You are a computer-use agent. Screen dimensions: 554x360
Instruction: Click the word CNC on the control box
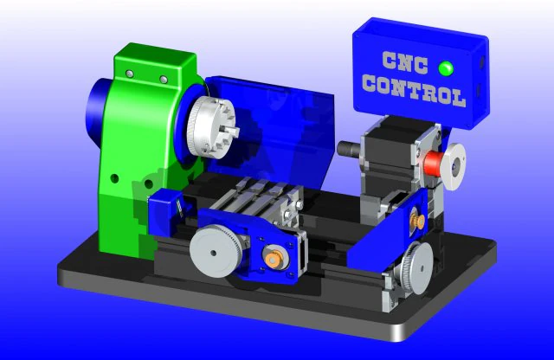[x=405, y=63]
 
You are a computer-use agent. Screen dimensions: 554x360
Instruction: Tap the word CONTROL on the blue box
[x=414, y=90]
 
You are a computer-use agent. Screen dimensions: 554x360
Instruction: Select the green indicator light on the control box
[x=446, y=68]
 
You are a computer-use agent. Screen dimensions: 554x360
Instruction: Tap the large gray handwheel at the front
[x=216, y=251]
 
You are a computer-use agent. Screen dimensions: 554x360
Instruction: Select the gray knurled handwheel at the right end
[x=417, y=267]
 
